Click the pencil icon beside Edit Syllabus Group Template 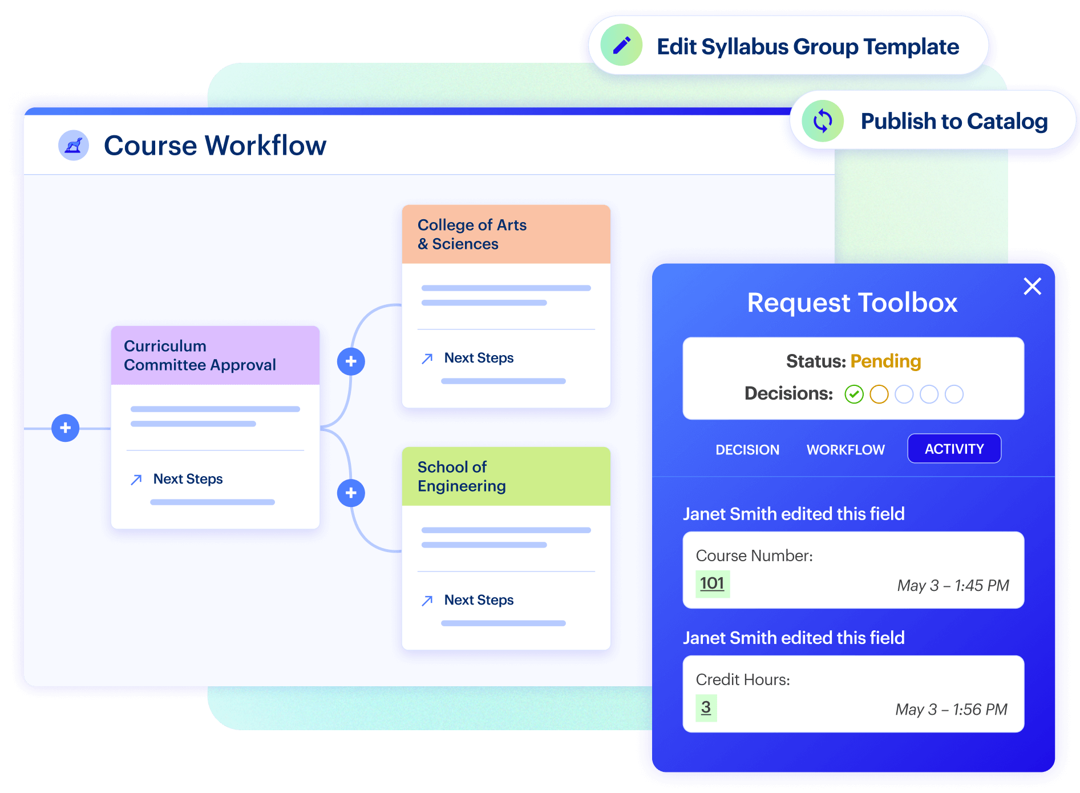coord(621,45)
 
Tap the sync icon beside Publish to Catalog coord(822,121)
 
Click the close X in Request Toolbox coord(1032,286)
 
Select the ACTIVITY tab coord(954,449)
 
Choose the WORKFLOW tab coord(846,450)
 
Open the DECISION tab coord(747,450)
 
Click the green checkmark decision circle coord(854,394)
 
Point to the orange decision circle coord(879,394)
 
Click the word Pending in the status coord(885,361)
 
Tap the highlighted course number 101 coord(712,583)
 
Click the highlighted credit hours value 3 coord(706,707)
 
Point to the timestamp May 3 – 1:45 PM coord(953,585)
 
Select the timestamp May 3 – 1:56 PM coord(951,709)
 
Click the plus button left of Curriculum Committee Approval coord(66,428)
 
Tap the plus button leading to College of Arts coord(351,361)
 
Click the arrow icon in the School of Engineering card coord(427,601)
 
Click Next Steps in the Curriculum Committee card coord(188,479)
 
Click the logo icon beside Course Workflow coord(74,146)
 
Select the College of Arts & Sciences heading coord(472,234)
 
